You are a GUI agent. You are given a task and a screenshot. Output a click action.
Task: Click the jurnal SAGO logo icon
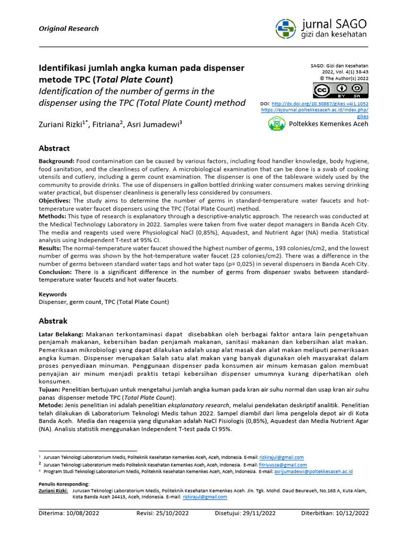pos(287,28)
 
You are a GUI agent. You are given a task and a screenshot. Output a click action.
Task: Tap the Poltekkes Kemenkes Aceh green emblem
pos(276,124)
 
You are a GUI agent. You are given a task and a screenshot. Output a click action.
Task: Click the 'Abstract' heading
pos(54,148)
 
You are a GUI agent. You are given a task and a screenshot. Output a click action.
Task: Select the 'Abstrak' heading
pos(53,321)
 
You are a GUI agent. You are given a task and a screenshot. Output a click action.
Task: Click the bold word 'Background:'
pos(57,161)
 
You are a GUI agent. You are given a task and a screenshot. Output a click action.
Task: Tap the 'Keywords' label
pos(53,294)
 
